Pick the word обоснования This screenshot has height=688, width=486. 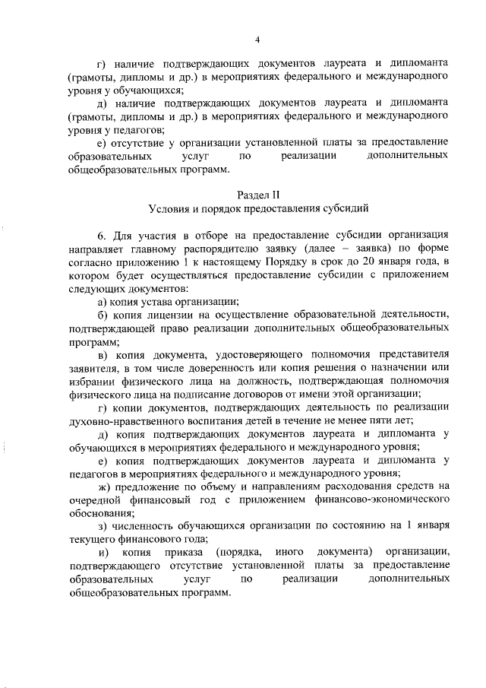99,512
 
